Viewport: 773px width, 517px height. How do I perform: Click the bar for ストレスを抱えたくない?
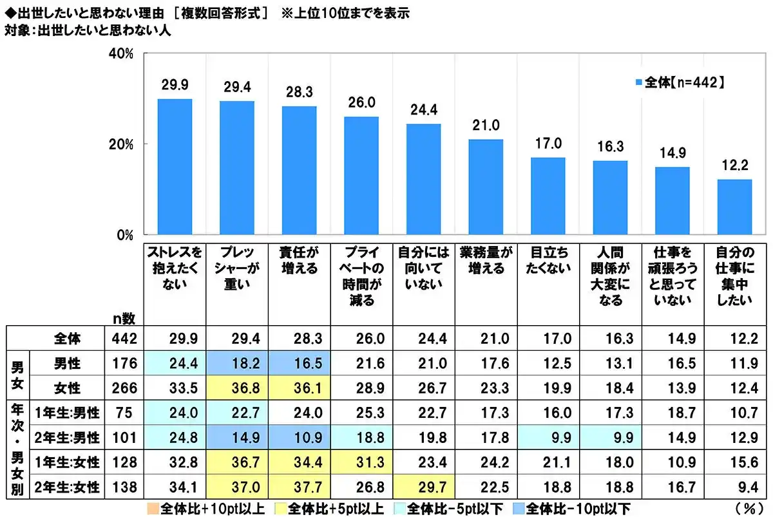click(175, 166)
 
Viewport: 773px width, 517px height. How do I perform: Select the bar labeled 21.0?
click(485, 187)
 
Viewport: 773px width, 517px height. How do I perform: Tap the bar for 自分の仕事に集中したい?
click(734, 207)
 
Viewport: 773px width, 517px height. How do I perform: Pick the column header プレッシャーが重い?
click(236, 268)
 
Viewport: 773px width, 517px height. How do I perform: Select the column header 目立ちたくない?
click(548, 261)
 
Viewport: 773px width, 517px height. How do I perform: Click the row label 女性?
click(67, 388)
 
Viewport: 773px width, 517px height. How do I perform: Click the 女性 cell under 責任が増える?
click(299, 388)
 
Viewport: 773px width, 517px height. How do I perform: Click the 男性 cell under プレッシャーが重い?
click(236, 363)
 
